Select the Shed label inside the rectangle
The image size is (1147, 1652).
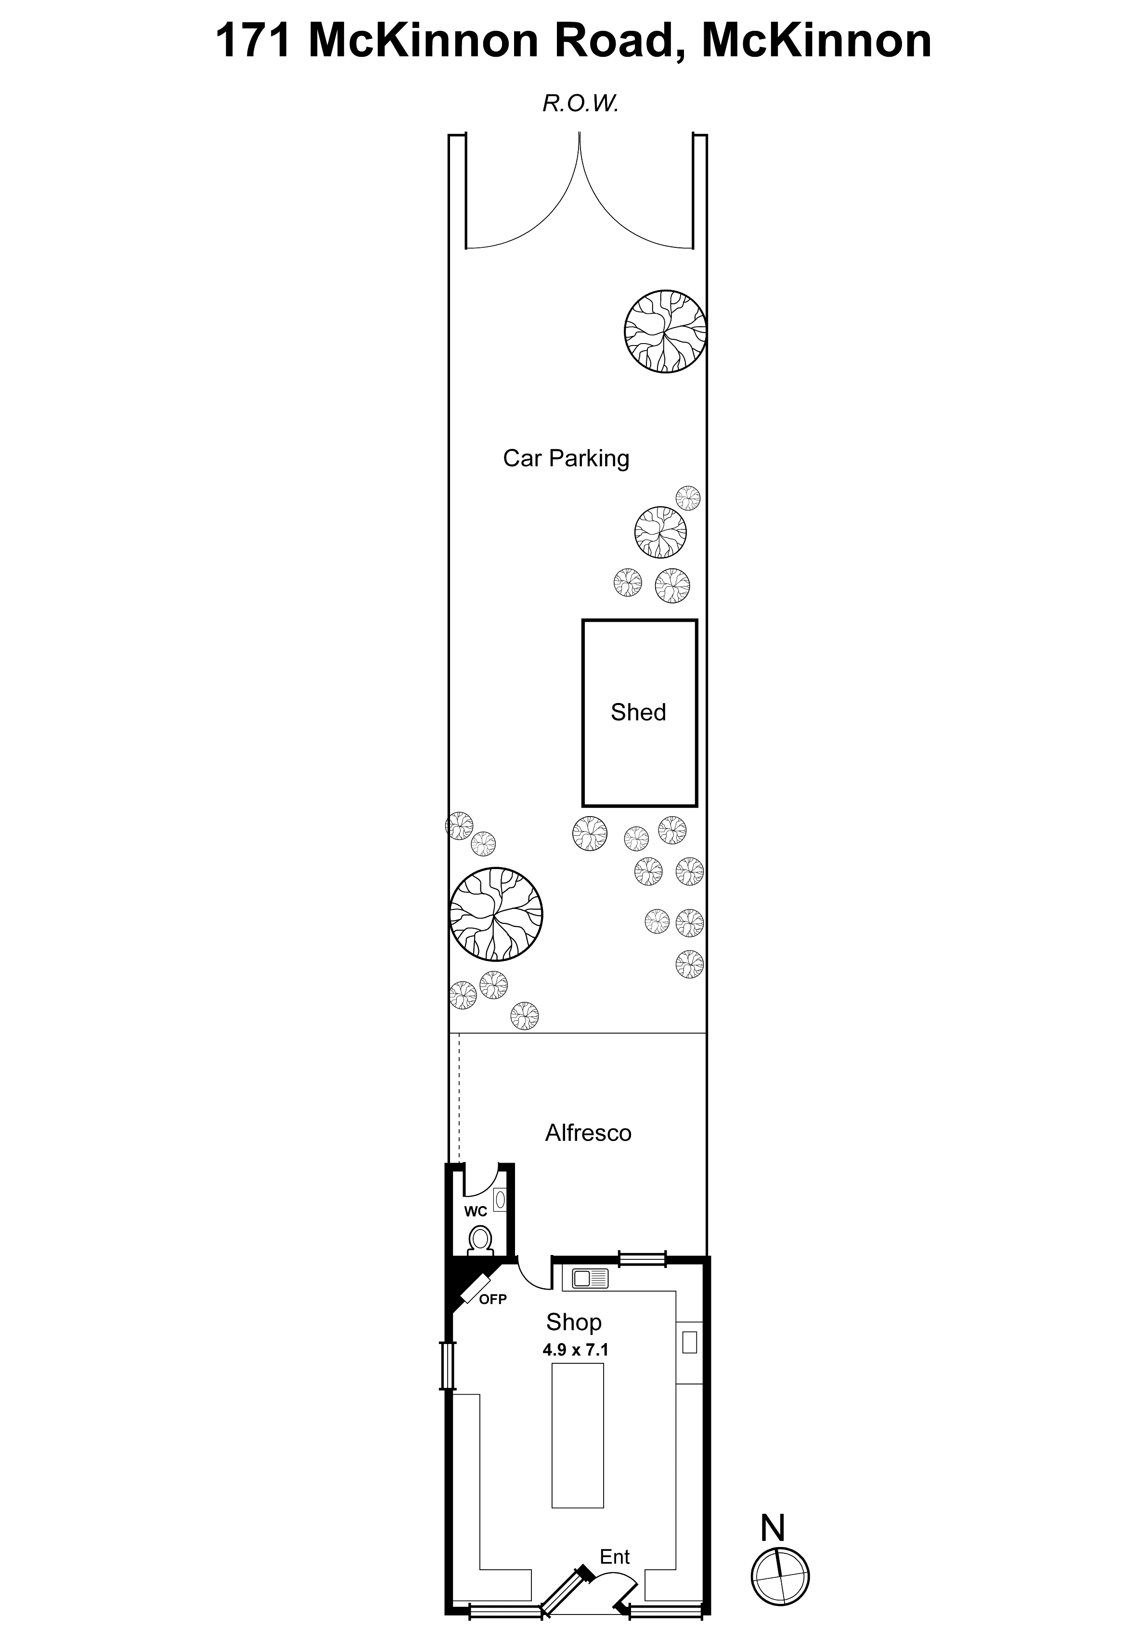pos(638,712)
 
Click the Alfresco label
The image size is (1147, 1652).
pos(588,1133)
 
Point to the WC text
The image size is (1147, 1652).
pos(476,1212)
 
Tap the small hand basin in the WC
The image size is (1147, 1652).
pos(500,1199)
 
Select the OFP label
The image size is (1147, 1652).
pos(493,1299)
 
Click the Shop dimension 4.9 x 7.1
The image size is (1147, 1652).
pos(576,1350)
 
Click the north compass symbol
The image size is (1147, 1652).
pos(780,1577)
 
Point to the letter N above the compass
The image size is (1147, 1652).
pos(773,1528)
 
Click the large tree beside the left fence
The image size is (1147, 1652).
pos(496,914)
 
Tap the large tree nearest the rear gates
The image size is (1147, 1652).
pos(665,331)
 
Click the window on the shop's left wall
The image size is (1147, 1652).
pos(448,1366)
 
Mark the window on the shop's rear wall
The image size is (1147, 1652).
pos(643,1259)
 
